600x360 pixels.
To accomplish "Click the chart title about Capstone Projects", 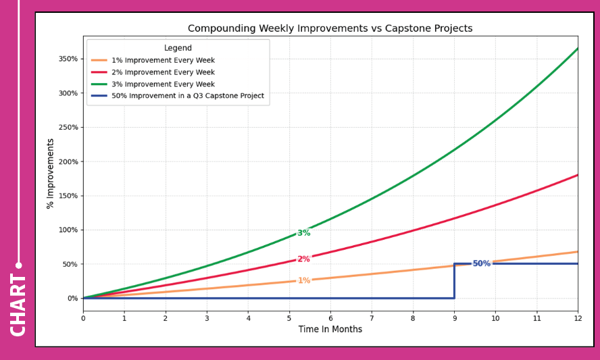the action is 330,28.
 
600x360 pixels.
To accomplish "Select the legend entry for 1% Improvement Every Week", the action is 163,60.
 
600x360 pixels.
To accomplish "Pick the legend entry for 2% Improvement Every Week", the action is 163,72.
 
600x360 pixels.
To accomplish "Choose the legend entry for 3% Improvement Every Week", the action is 163,84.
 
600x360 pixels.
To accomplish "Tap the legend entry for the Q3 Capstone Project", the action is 188,96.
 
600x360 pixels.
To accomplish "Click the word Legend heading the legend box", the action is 178,48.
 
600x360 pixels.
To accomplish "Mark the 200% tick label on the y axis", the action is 68,161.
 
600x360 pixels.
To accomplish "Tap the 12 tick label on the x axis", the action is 578,318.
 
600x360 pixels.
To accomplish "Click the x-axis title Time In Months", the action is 330,329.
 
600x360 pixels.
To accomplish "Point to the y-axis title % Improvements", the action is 50,174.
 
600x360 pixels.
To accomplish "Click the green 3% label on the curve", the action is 304,232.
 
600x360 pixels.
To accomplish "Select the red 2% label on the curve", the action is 304,259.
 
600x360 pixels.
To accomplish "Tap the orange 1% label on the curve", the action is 304,280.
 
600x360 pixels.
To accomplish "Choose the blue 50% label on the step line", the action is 481,263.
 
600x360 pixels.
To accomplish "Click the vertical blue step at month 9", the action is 454,281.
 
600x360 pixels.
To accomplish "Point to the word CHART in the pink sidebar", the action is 18,305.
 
